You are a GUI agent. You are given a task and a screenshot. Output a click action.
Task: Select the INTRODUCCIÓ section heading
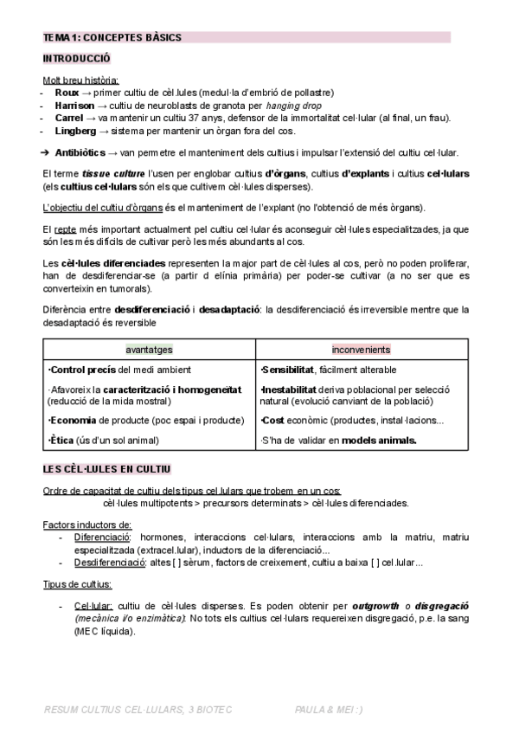click(76, 59)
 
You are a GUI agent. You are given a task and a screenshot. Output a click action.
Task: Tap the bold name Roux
click(66, 93)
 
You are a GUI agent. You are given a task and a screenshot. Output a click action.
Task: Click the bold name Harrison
click(75, 105)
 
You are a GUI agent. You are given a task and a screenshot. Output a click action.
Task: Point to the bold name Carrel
click(69, 118)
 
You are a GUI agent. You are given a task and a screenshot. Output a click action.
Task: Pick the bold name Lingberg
click(75, 131)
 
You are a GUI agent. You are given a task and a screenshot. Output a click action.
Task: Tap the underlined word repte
click(66, 229)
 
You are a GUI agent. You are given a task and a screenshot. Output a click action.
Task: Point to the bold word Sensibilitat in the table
click(288, 370)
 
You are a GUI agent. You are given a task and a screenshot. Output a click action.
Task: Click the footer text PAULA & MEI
click(328, 710)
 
